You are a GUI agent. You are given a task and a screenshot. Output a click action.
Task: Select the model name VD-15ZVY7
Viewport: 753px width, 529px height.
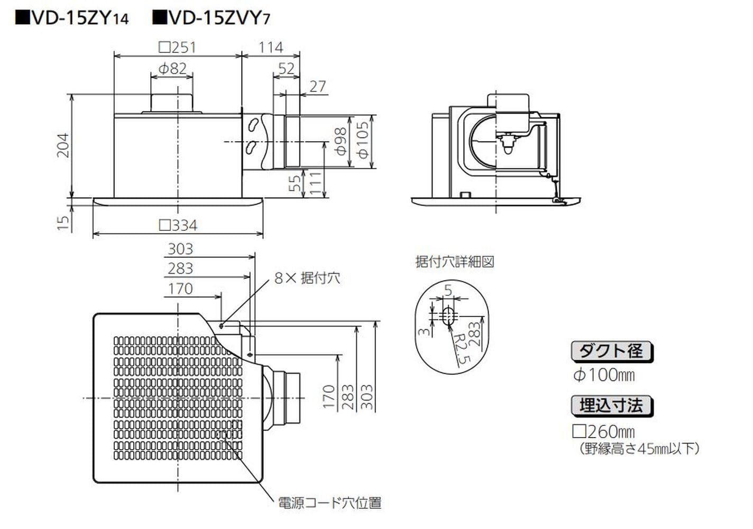pos(212,19)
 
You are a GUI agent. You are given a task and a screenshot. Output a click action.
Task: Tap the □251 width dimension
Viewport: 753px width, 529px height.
pos(178,48)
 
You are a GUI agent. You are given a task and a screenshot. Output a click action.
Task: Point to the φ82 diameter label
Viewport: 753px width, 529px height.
pos(172,68)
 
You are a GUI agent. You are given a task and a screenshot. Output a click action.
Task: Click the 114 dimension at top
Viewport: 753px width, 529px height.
pos(271,48)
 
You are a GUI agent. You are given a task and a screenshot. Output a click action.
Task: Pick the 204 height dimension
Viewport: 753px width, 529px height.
pos(63,145)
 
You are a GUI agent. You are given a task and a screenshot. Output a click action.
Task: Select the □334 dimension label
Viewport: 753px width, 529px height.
pos(178,226)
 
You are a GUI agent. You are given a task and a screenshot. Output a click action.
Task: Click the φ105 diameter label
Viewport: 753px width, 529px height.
pos(363,140)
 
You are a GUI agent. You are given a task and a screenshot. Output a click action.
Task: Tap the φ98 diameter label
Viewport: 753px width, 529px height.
pos(341,141)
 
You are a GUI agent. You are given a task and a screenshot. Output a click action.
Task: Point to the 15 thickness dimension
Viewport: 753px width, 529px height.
pos(63,222)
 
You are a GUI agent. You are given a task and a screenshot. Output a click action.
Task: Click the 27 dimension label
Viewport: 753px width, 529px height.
pos(317,86)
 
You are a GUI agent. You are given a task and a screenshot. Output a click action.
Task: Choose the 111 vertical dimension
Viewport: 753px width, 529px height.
pos(316,183)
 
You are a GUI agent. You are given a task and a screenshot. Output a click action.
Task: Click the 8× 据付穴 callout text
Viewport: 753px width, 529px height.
pos(307,278)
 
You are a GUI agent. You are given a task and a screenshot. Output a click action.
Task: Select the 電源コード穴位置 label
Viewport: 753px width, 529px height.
pos(330,503)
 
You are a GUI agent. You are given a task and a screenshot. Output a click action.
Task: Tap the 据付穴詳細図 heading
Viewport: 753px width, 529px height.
pos(455,262)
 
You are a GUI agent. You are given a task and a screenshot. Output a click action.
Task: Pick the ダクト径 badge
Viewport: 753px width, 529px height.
pos(612,351)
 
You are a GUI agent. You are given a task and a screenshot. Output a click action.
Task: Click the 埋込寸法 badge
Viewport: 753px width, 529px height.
pos(612,406)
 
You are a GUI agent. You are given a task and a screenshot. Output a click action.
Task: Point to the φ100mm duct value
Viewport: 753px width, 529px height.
pos(603,376)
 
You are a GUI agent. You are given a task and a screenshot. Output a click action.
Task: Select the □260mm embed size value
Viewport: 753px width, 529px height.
pos(603,431)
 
